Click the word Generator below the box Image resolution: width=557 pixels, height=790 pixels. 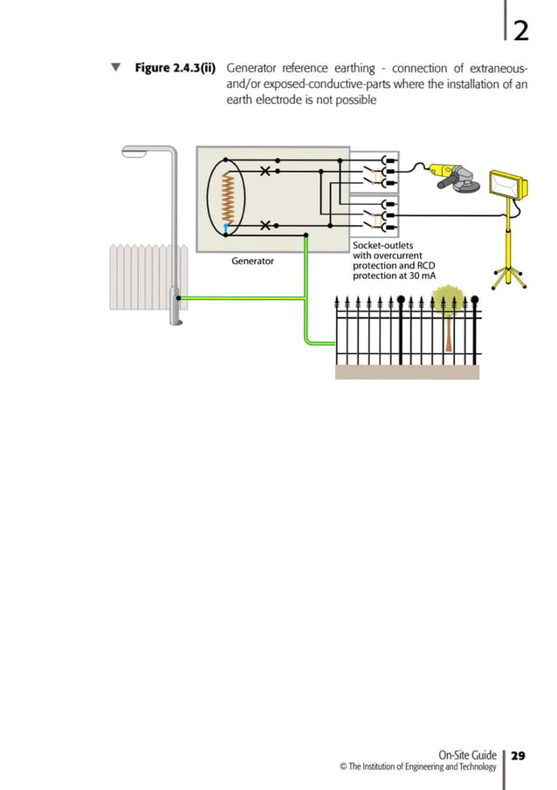coord(252,261)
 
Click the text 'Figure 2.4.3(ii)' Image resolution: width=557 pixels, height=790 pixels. coord(175,68)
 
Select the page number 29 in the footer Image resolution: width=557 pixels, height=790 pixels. coord(519,755)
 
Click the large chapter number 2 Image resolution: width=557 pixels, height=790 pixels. coord(520,32)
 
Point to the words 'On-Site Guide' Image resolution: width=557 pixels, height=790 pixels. coord(467,755)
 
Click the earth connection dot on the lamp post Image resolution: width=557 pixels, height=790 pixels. coord(179,298)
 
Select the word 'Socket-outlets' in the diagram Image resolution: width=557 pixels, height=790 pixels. coord(383,245)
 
